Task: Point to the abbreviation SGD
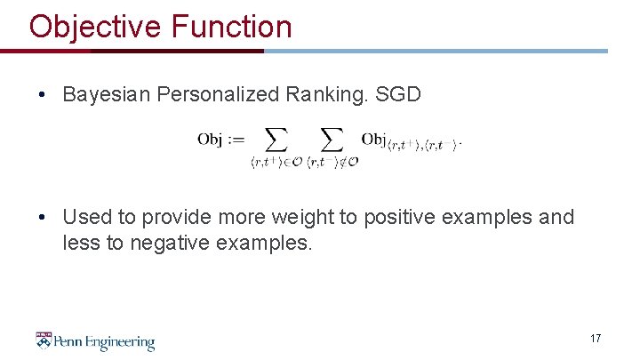398,94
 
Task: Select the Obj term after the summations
373,139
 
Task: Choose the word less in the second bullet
79,242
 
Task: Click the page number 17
595,339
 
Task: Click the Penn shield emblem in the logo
44,340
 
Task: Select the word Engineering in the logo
120,342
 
